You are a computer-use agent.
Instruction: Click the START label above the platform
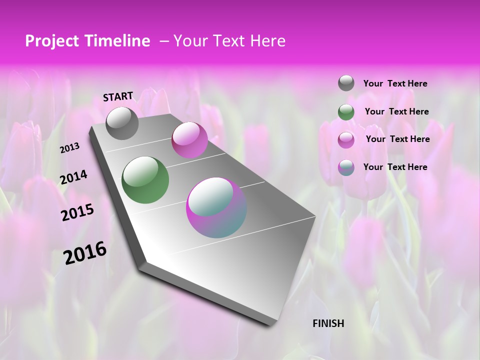tap(118, 96)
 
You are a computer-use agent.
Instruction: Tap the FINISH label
tap(328, 323)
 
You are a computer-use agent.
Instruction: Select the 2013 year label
tap(70, 148)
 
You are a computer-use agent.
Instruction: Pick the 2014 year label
tap(73, 177)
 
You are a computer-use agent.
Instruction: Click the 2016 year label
tap(85, 253)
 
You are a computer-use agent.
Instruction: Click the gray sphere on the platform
tap(122, 123)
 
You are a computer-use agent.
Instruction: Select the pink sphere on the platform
tap(189, 140)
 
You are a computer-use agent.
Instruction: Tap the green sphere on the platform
tap(145, 180)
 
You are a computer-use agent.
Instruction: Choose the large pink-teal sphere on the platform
tap(216, 207)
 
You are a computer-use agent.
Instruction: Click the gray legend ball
tap(346, 83)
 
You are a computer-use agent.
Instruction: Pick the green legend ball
tap(346, 112)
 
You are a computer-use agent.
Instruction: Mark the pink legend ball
tap(346, 140)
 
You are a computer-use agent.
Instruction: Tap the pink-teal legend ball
tap(346, 167)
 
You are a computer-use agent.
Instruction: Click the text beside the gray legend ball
tap(395, 84)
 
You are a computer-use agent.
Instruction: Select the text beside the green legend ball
tap(396, 112)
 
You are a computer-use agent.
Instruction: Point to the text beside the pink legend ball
tap(397, 139)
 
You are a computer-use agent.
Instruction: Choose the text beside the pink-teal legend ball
tap(395, 167)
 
